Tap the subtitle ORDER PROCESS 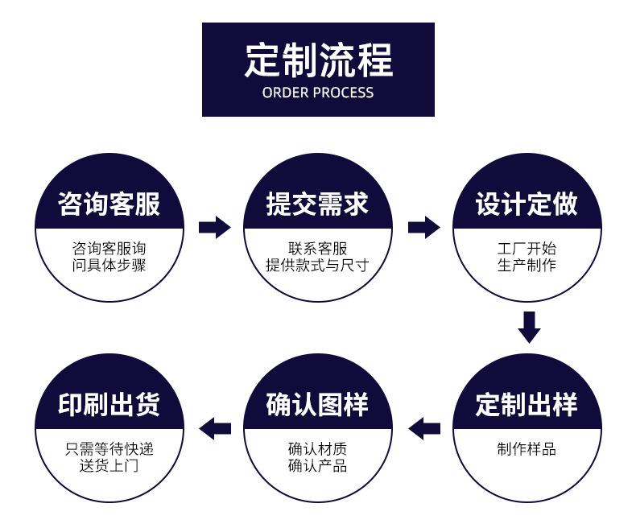(318, 93)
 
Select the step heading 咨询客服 (109, 204)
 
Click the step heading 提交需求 (317, 204)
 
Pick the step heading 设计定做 (527, 204)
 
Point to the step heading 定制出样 (527, 404)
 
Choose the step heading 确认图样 (317, 404)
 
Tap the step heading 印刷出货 (109, 404)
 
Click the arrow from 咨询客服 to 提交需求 (215, 227)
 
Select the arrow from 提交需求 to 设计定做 (423, 227)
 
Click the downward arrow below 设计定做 (529, 328)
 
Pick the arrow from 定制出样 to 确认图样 (424, 428)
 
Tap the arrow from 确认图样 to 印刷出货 (215, 428)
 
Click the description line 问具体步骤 (109, 266)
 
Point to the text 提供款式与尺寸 (317, 266)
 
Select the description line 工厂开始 (527, 248)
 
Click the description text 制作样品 (527, 449)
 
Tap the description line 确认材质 (317, 449)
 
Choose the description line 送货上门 (109, 466)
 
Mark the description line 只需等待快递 (109, 449)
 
